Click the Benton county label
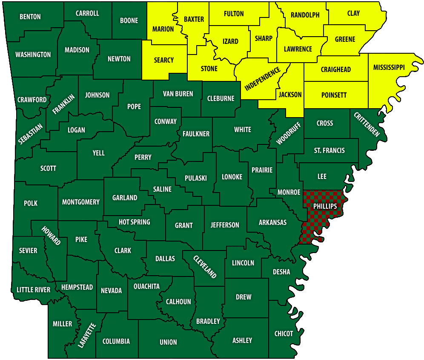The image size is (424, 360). click(x=30, y=17)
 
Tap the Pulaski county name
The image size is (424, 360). click(x=195, y=178)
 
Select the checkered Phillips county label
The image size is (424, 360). click(x=325, y=206)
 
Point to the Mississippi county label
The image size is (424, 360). click(x=389, y=67)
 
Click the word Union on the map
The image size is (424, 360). click(x=168, y=342)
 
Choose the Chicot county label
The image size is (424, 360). click(x=284, y=334)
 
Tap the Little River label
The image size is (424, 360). click(x=33, y=290)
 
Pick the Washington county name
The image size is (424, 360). click(x=33, y=55)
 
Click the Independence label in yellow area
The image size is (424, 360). click(x=263, y=79)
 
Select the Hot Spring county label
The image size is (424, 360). click(x=134, y=222)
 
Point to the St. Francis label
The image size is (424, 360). click(x=329, y=150)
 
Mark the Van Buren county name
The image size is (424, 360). click(x=178, y=94)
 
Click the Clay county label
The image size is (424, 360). click(x=353, y=13)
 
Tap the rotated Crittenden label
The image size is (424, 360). click(x=367, y=124)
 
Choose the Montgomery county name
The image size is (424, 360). click(x=81, y=202)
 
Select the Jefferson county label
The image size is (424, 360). click(x=225, y=225)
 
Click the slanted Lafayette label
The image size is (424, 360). click(x=87, y=335)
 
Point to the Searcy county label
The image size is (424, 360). click(x=164, y=60)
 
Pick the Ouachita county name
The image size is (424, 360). click(x=146, y=286)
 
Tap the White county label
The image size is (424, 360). click(x=243, y=130)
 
